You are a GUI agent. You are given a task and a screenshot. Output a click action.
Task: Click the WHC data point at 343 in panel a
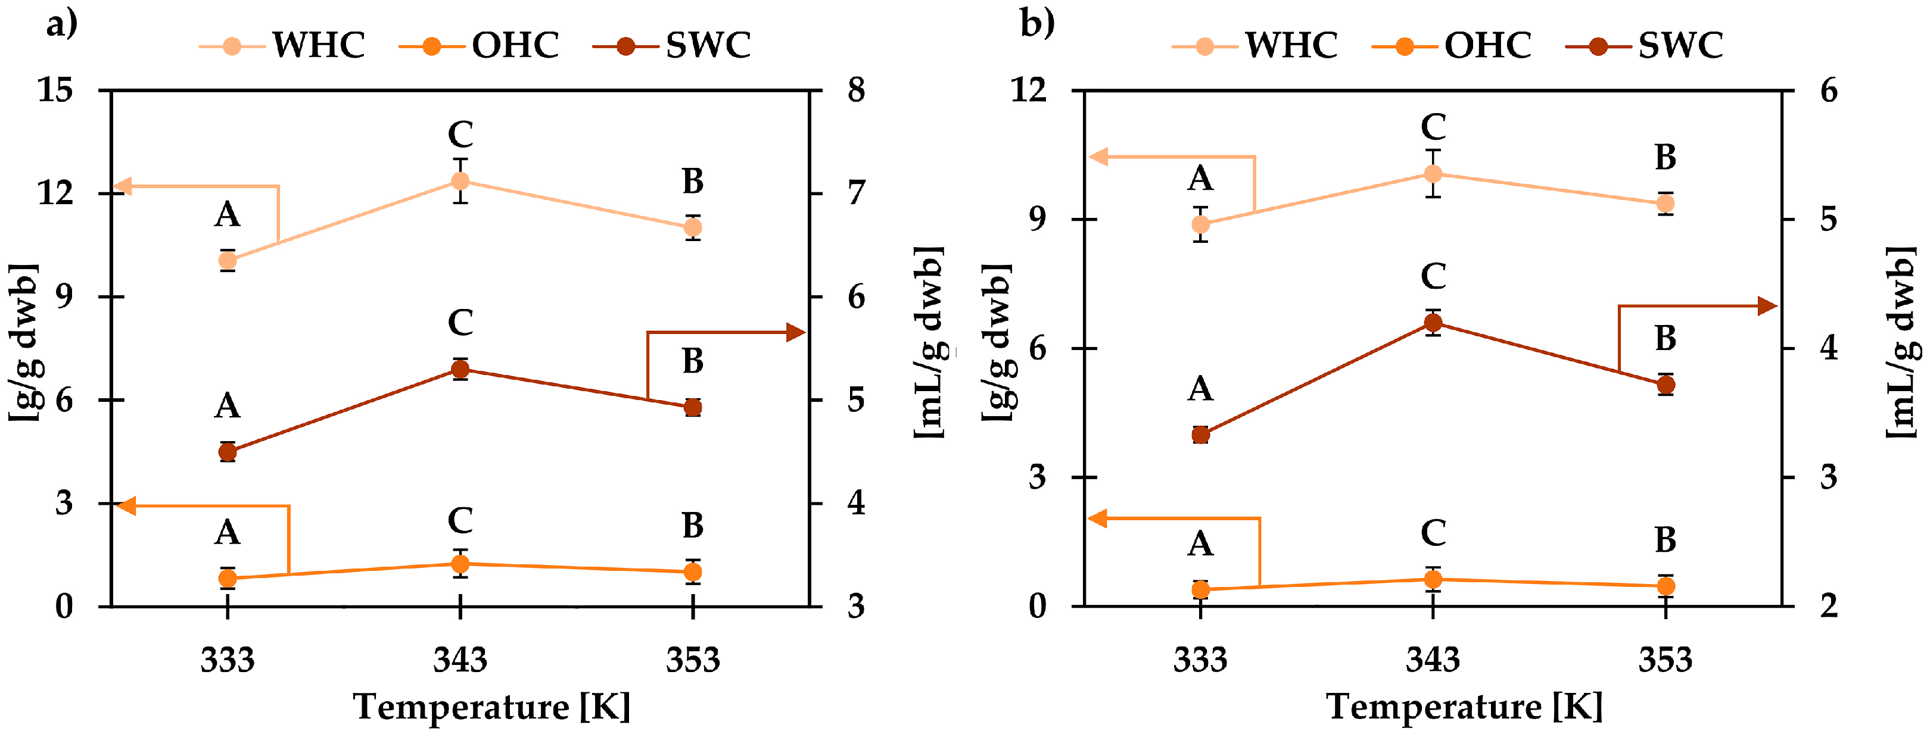coord(460,181)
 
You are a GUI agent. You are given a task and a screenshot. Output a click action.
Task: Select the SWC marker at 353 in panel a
coord(693,407)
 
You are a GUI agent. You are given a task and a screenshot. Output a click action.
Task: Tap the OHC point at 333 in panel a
coord(228,578)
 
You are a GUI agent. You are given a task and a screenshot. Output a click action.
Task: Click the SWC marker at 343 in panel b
coord(1433,323)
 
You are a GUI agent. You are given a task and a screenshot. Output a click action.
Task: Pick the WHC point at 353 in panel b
coord(1665,204)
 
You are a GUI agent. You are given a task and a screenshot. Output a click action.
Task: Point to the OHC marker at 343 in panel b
coord(1433,579)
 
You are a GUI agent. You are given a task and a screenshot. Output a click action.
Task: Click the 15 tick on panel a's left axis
coord(55,90)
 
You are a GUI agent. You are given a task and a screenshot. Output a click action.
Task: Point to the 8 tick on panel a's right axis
coord(856,90)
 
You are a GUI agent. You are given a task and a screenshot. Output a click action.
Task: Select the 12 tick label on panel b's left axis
coord(1028,90)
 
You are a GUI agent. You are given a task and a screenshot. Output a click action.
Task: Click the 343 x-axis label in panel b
coord(1433,659)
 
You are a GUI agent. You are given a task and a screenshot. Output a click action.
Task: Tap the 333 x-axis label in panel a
coord(228,659)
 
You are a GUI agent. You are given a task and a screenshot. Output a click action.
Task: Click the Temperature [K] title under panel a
coord(491,707)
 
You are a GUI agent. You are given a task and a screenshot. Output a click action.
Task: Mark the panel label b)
coord(1038,24)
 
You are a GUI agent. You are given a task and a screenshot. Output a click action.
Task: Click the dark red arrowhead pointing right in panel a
coord(796,333)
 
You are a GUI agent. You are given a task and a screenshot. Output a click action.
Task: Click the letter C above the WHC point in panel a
coord(460,135)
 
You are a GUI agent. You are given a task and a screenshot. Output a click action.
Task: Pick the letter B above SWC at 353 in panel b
coord(1665,339)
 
